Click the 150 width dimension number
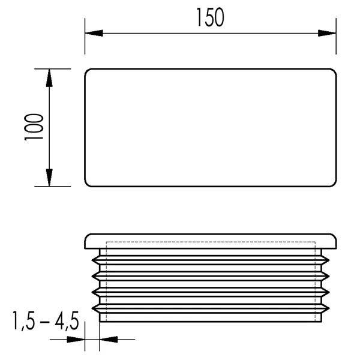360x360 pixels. pyautogui.click(x=211, y=17)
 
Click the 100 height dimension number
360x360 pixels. pyautogui.click(x=34, y=127)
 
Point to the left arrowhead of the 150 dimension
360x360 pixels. pyautogui.click(x=94, y=33)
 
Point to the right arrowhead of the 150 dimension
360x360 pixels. pyautogui.click(x=327, y=33)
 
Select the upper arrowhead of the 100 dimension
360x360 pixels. pyautogui.click(x=49, y=78)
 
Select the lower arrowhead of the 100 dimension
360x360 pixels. pyautogui.click(x=49, y=177)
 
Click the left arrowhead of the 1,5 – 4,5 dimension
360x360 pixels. pyautogui.click(x=76, y=340)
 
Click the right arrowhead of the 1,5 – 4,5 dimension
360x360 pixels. pyautogui.click(x=109, y=340)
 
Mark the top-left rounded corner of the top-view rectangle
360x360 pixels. pyautogui.click(x=87, y=71)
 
